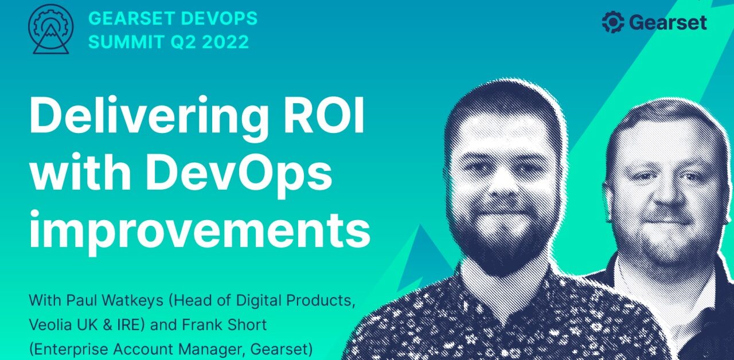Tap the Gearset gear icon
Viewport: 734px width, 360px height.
coord(612,23)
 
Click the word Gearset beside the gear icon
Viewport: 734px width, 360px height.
coord(668,23)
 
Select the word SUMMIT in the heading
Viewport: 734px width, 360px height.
coord(121,42)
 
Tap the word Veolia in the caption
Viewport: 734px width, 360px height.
coord(50,324)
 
